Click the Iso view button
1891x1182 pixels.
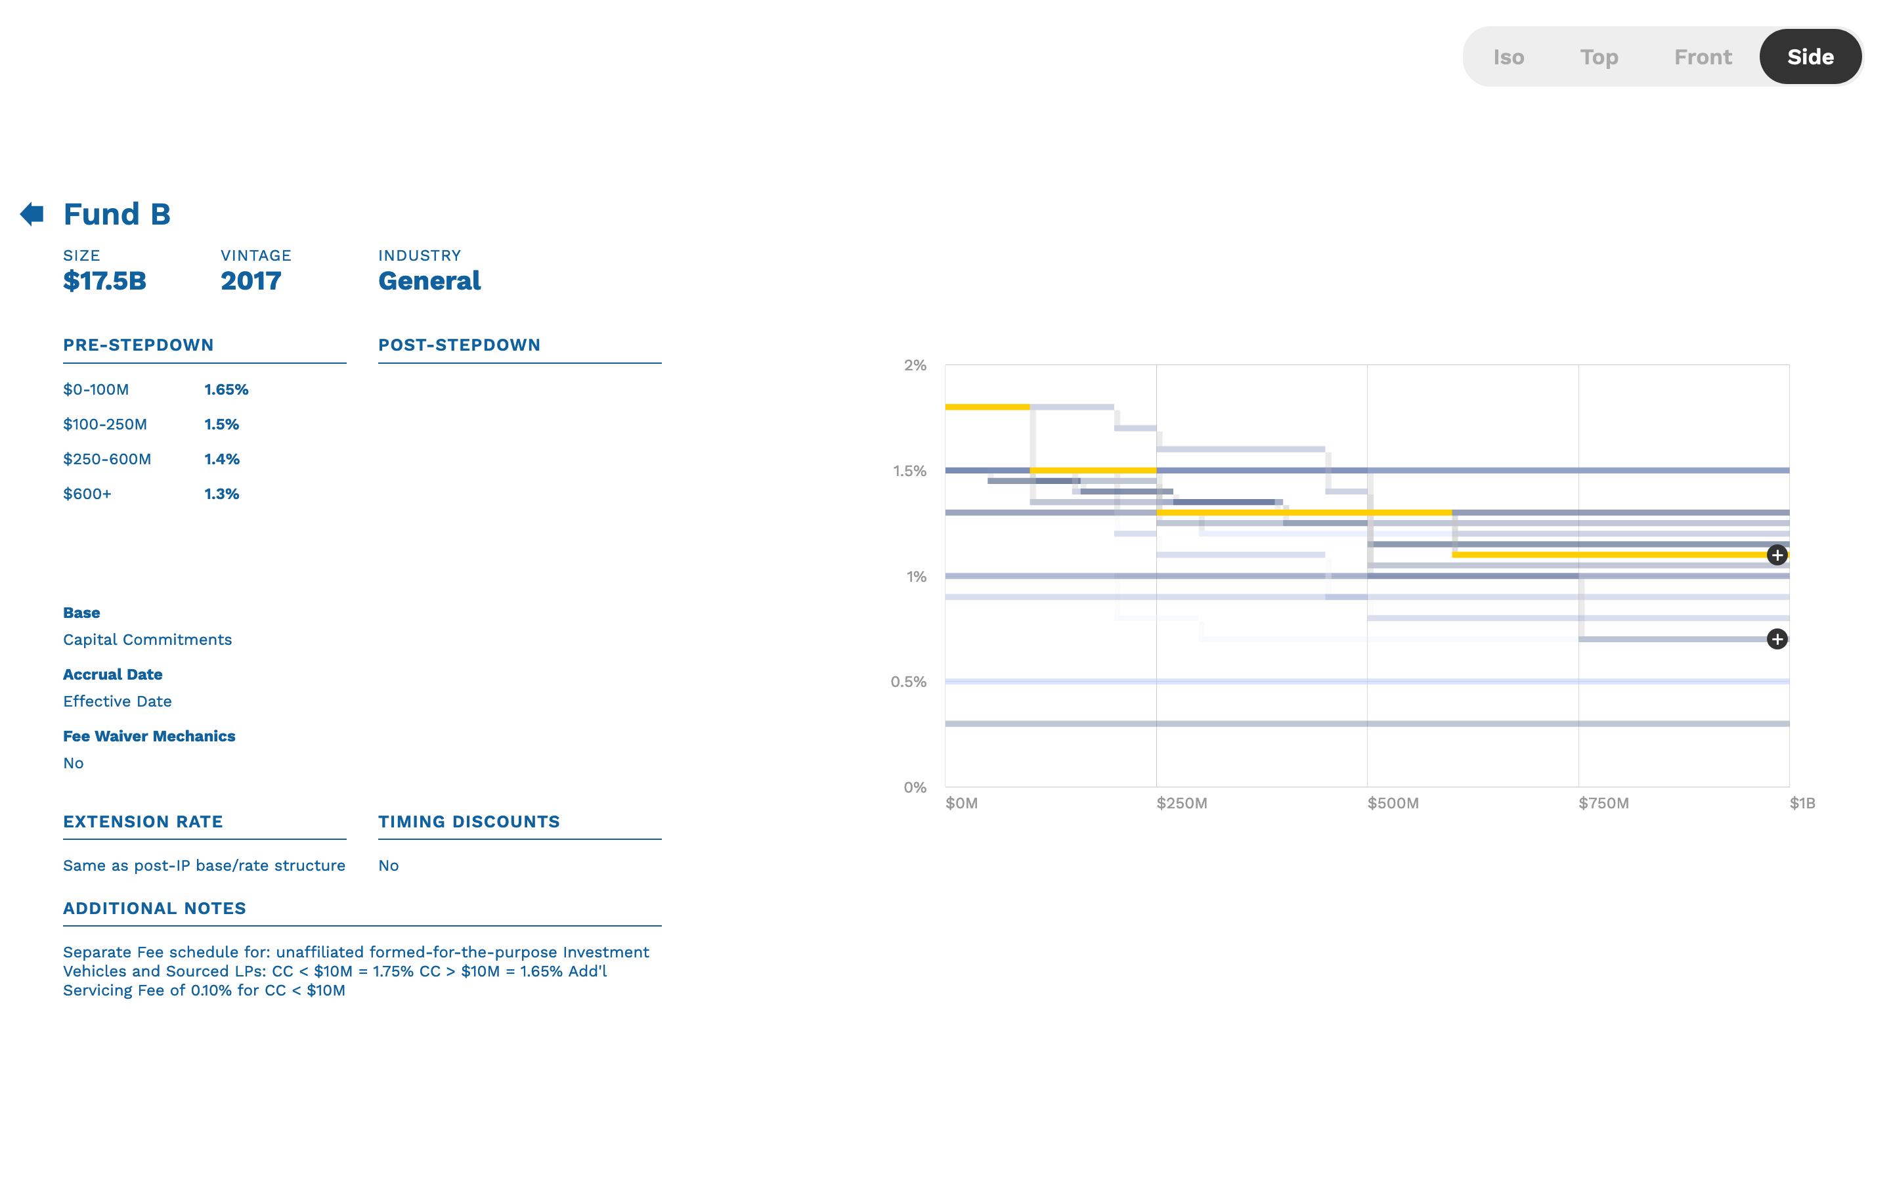(1508, 57)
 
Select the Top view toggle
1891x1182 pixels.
(1599, 57)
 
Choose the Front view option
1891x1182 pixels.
(1703, 57)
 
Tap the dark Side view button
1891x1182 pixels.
(1810, 57)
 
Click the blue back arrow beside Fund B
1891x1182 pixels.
(32, 213)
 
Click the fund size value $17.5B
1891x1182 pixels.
(104, 280)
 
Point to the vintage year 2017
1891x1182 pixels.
(251, 280)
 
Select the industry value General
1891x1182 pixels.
(429, 280)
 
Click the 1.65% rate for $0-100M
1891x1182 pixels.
(226, 389)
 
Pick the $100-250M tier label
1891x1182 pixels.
(104, 424)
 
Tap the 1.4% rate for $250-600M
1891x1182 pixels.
(222, 459)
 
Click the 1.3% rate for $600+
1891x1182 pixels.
(222, 494)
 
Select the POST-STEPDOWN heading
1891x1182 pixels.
(459, 345)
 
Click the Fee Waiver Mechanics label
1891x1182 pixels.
(148, 735)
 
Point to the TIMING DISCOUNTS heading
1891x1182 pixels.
(469, 821)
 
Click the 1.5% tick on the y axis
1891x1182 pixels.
(909, 471)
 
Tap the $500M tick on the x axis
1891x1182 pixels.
(1393, 803)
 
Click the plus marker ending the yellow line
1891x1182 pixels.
(1777, 555)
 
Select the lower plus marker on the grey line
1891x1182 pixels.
(1777, 640)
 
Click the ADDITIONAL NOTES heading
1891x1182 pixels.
(154, 908)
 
